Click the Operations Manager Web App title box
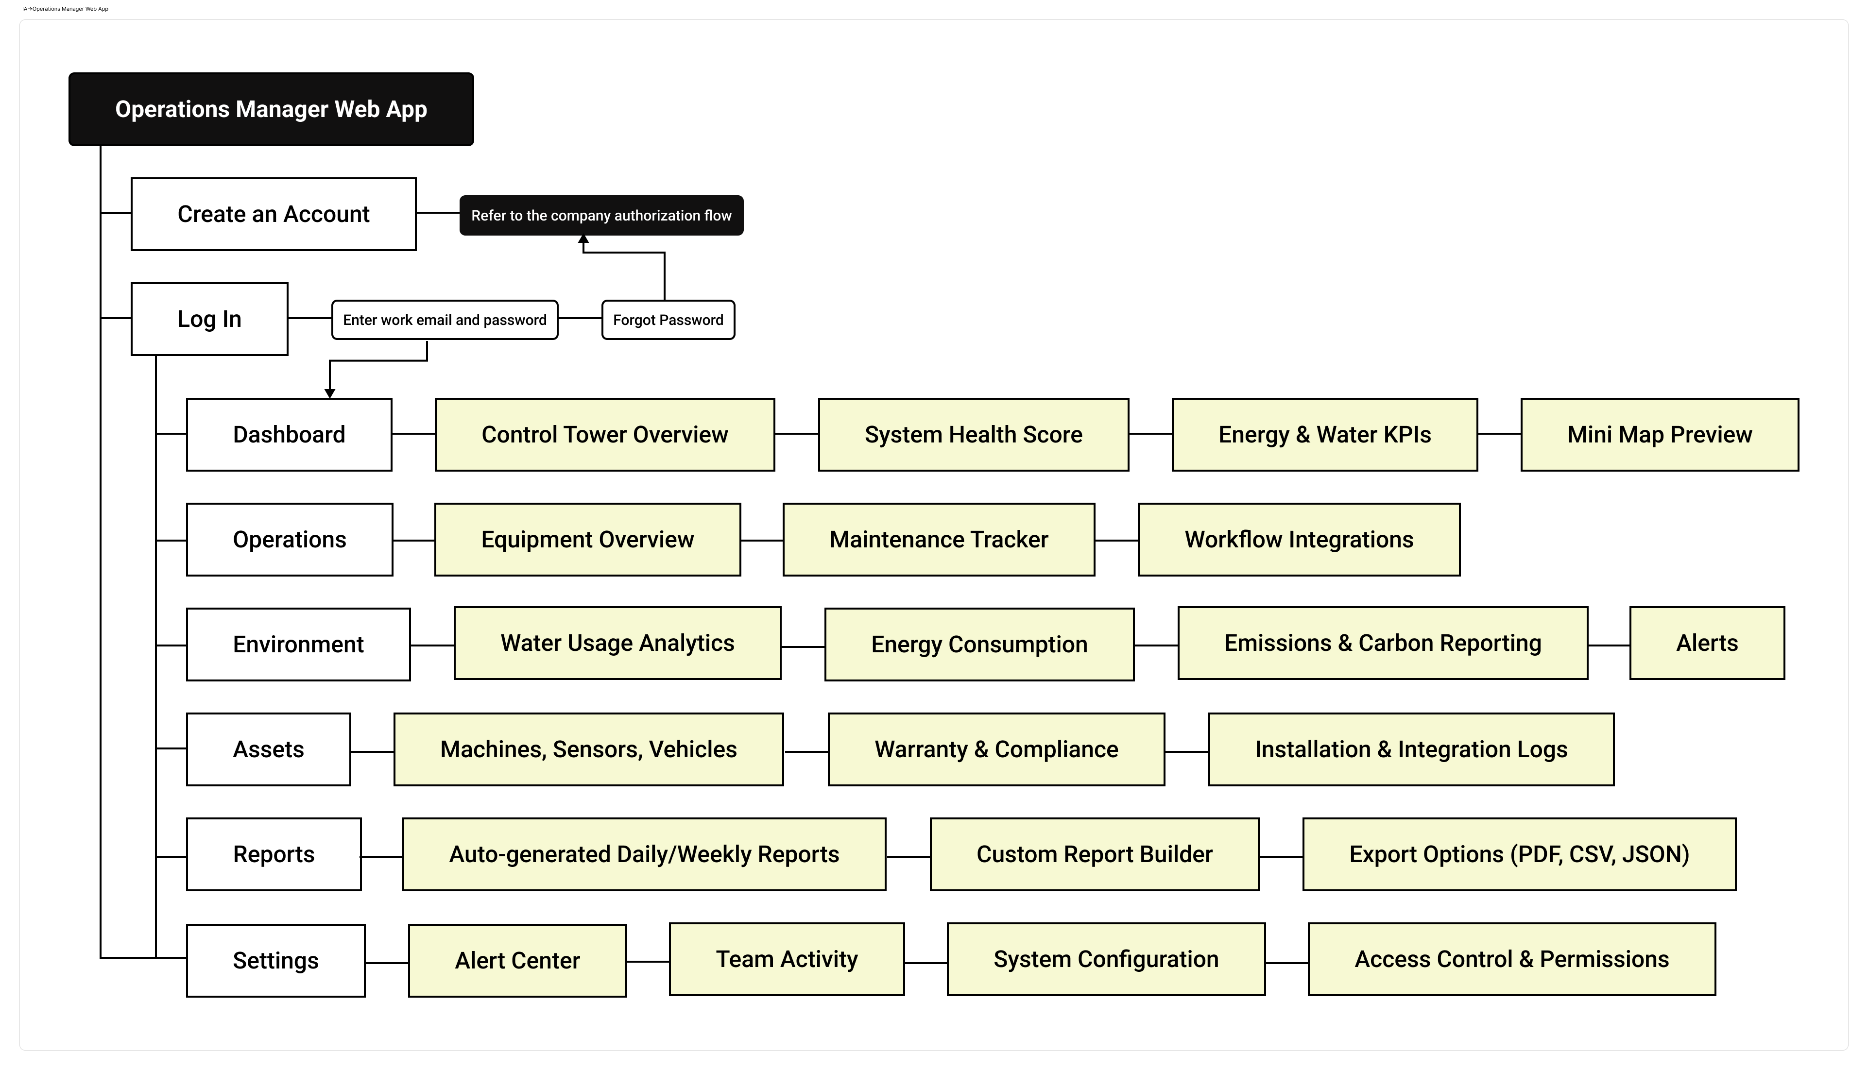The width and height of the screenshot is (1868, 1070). click(x=271, y=109)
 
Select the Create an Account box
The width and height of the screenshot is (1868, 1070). click(x=274, y=214)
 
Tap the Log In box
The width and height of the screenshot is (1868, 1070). click(x=209, y=319)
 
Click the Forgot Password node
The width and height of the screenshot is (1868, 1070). click(x=668, y=320)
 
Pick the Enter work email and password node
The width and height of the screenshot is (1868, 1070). click(x=445, y=320)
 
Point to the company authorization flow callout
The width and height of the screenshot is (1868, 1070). click(x=601, y=215)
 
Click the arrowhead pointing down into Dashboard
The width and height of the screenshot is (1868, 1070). click(x=330, y=393)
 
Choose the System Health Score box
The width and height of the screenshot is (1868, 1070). click(x=974, y=434)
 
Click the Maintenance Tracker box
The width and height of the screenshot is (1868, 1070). click(x=939, y=540)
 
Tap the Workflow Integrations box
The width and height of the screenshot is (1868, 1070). click(x=1299, y=540)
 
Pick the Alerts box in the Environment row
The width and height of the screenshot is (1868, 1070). click(x=1707, y=643)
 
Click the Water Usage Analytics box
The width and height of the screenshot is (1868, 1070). click(x=617, y=643)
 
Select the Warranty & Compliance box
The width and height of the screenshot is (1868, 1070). click(x=996, y=749)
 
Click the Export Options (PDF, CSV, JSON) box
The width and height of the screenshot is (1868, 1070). click(x=1520, y=854)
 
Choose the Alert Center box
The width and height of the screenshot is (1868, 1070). click(x=517, y=961)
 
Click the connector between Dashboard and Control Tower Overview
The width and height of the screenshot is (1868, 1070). click(x=414, y=434)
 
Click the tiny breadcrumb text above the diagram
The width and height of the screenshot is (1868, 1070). click(x=66, y=9)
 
